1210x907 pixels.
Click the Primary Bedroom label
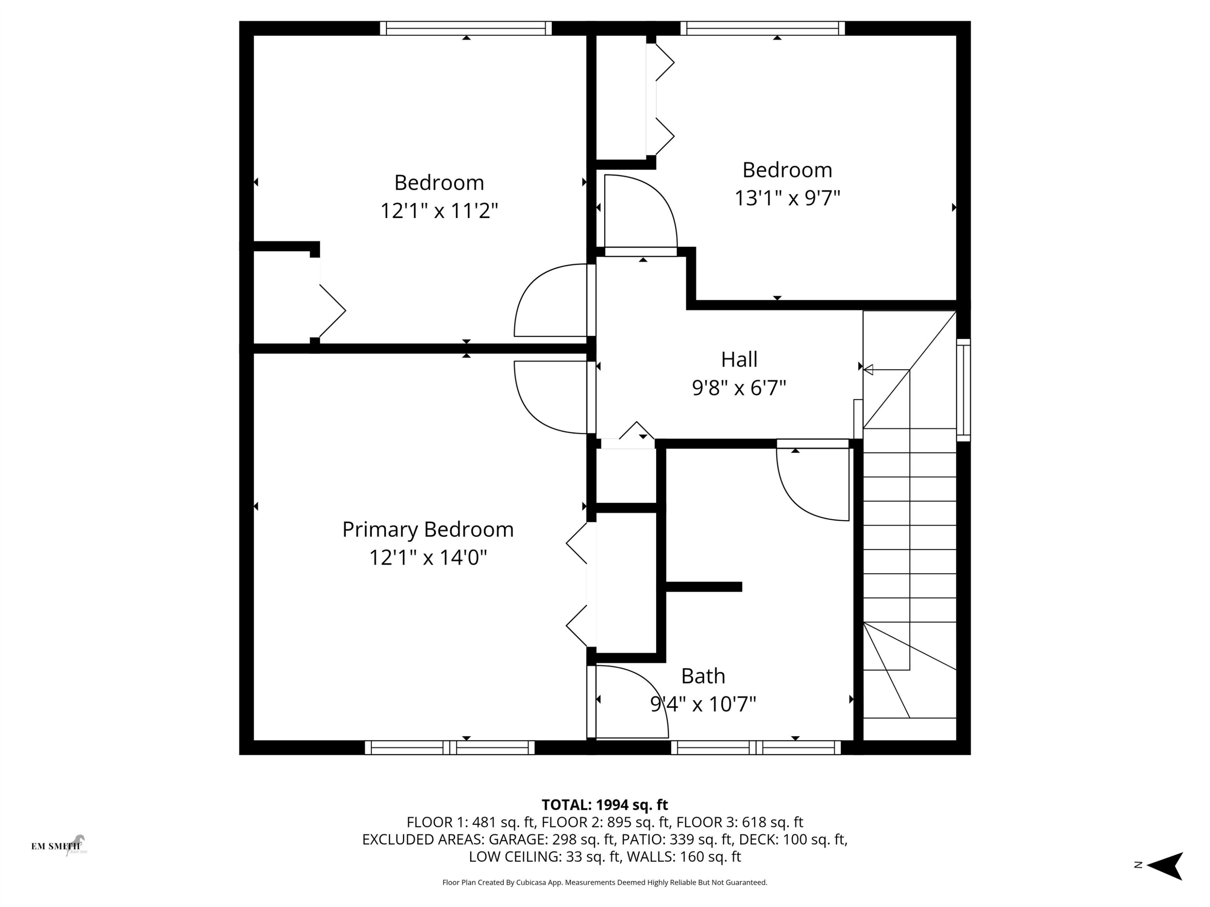click(428, 529)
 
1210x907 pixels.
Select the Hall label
click(739, 360)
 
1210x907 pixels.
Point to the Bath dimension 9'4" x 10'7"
click(703, 704)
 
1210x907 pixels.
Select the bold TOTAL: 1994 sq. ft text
click(605, 805)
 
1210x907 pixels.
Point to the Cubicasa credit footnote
click(605, 882)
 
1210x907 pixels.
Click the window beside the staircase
click(963, 390)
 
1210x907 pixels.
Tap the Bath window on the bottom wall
click(755, 747)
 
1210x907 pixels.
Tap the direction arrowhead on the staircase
click(868, 370)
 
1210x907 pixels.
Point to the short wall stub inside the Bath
click(703, 587)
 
